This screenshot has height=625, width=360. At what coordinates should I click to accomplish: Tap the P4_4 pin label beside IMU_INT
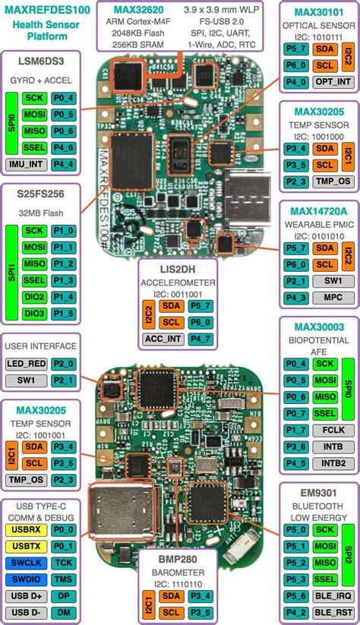click(64, 163)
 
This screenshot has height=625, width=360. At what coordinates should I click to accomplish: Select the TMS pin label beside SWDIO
click(65, 578)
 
